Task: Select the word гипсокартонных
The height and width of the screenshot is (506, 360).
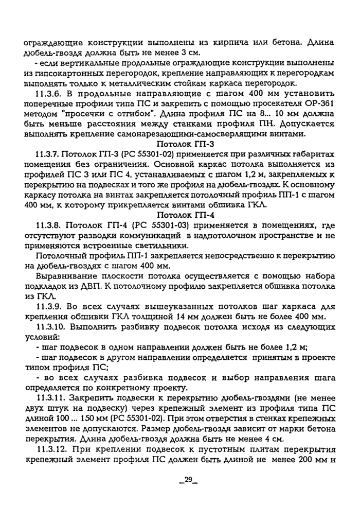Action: [x=60, y=74]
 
